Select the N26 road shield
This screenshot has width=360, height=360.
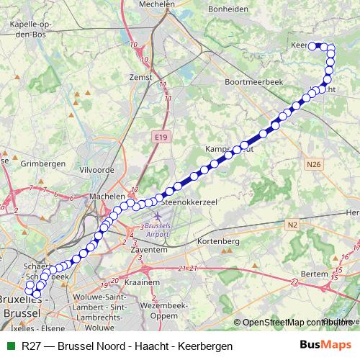click(x=312, y=165)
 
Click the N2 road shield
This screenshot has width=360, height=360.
click(x=292, y=225)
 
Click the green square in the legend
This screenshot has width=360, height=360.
click(x=9, y=346)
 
